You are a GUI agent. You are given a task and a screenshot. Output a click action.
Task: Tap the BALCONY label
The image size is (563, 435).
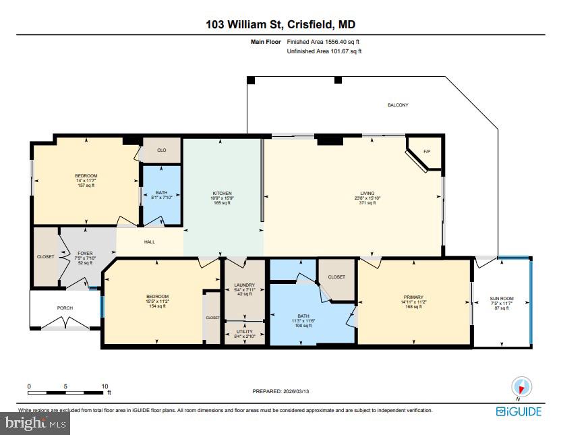click(398, 105)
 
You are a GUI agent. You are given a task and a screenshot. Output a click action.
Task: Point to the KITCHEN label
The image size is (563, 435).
click(222, 194)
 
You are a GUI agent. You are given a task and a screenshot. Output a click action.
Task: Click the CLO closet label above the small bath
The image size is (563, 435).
click(162, 150)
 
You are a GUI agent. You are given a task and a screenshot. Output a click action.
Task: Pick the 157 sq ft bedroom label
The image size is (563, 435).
click(86, 176)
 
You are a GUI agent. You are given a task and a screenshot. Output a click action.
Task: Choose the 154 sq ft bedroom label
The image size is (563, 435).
click(157, 297)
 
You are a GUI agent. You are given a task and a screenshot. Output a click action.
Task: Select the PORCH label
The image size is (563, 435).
click(65, 308)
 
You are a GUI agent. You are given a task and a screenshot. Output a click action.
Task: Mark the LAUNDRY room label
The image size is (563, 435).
click(243, 285)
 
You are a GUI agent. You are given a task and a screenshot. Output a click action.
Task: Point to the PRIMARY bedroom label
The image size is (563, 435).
click(413, 296)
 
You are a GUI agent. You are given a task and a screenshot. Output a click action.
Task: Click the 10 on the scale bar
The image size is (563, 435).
click(105, 386)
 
